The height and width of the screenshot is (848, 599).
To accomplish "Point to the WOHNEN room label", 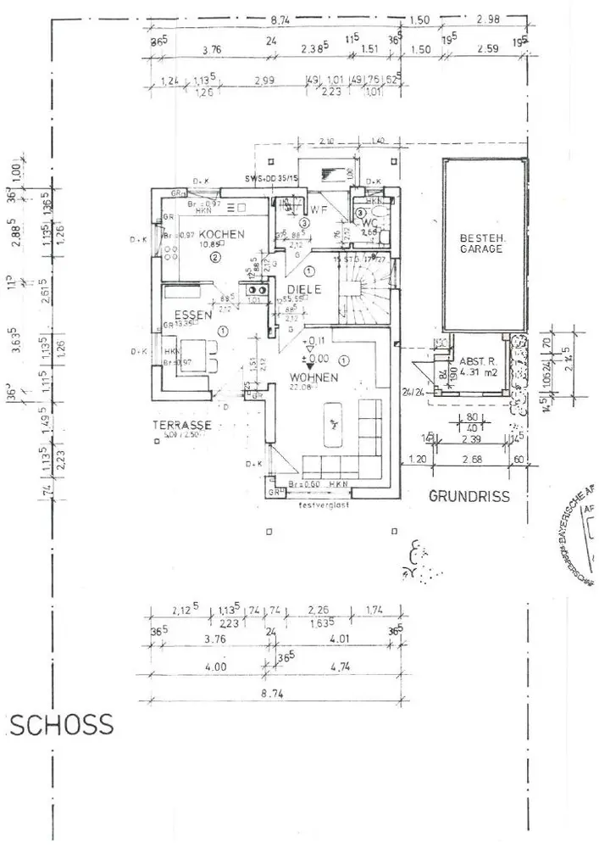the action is [x=313, y=377].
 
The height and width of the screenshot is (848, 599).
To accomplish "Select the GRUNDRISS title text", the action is [x=469, y=496].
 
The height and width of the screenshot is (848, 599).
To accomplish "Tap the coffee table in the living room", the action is [x=334, y=422].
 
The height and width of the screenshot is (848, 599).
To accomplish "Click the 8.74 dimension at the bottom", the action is [x=269, y=692].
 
